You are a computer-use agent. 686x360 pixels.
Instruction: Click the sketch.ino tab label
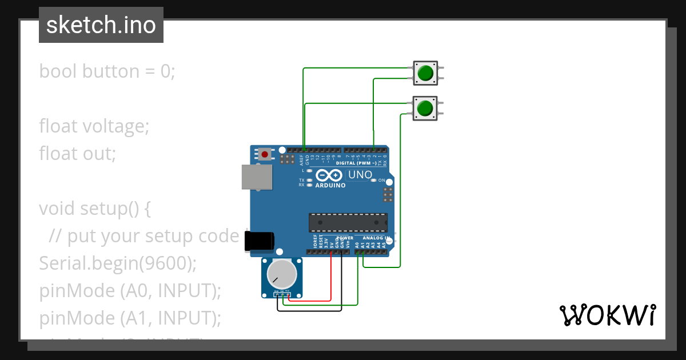point(101,25)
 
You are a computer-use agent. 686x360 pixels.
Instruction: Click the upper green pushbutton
point(425,73)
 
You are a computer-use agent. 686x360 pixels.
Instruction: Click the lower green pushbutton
point(425,108)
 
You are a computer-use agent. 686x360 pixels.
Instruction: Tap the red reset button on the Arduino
point(265,154)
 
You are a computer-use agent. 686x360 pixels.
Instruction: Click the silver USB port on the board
point(257,177)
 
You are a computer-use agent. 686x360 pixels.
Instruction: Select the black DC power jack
point(259,242)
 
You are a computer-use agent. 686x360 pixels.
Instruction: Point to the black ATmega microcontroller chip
point(348,222)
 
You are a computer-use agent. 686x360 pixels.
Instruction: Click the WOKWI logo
point(607,315)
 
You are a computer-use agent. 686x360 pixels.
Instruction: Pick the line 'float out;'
point(77,153)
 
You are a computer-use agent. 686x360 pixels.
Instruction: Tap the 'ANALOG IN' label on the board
point(372,238)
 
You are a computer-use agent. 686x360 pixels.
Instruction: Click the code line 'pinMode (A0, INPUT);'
point(130,290)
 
